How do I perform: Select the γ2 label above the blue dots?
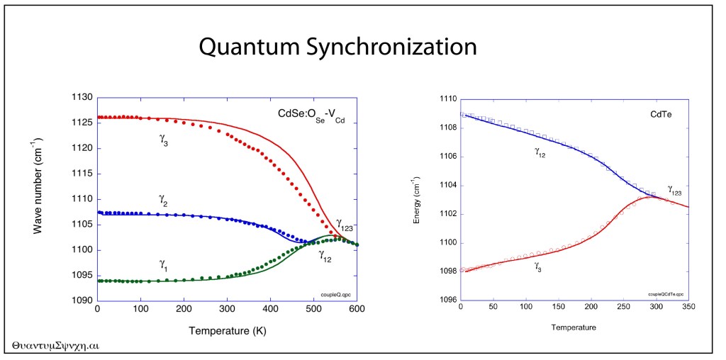[163, 201]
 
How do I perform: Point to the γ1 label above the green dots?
[163, 264]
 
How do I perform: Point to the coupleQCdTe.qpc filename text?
[664, 293]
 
